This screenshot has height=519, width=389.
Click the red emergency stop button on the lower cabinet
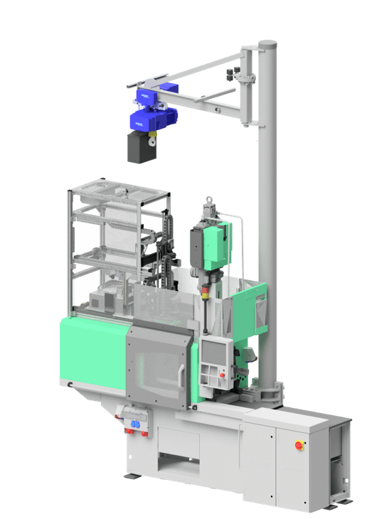(x=299, y=446)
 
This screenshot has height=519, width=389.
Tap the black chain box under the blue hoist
(x=141, y=147)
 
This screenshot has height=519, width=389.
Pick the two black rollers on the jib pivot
(x=231, y=74)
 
